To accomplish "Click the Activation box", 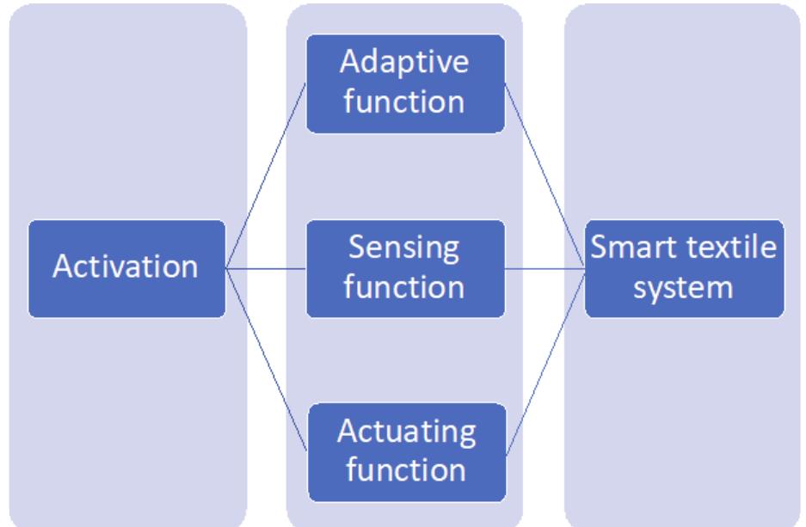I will coord(126,268).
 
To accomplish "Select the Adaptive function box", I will coord(405,83).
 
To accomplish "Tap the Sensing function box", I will coord(405,268).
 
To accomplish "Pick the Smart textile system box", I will coord(685,268).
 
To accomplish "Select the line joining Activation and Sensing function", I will coord(266,268).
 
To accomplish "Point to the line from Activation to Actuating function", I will coord(266,360).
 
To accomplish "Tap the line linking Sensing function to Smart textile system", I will coord(545,268).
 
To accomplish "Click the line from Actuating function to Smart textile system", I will coord(545,360).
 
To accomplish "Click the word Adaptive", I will coord(405,64).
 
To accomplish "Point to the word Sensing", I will coord(405,249).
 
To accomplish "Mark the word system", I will coord(684,287).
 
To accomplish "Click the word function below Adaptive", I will coord(405,102).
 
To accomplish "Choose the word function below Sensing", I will coord(405,287).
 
